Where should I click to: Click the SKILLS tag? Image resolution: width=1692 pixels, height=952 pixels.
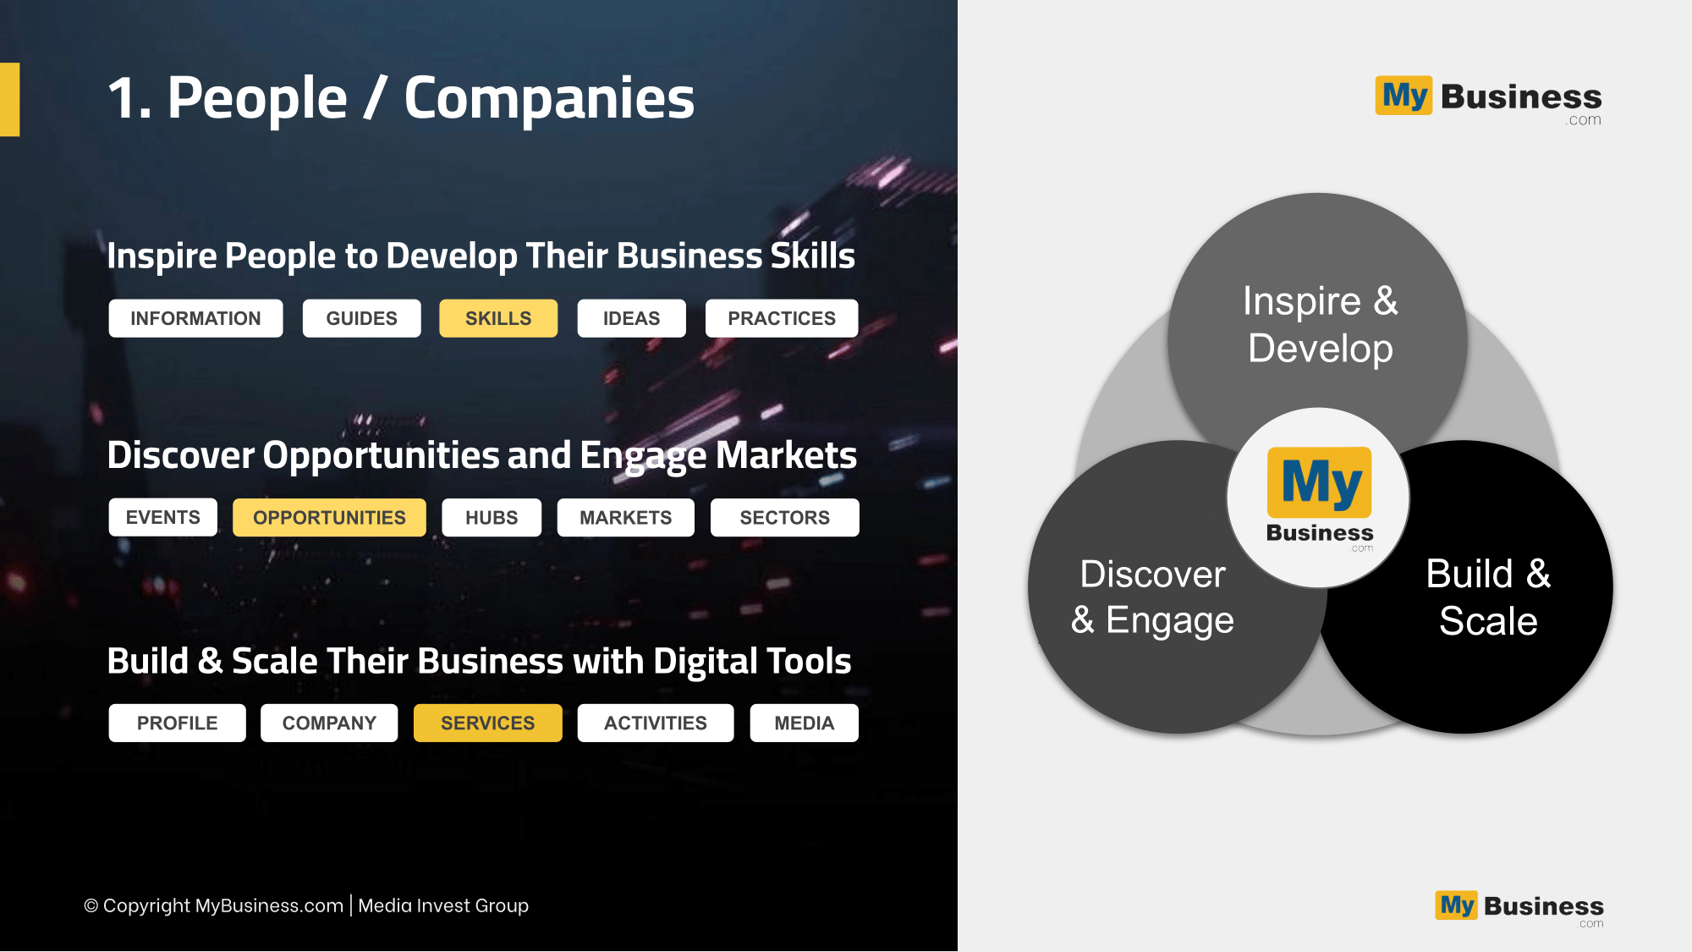coord(498,318)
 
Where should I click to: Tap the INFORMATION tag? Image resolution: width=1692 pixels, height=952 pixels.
coord(195,318)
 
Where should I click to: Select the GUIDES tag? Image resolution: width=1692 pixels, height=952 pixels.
coord(361,318)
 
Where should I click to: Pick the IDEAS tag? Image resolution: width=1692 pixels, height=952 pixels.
coord(631,318)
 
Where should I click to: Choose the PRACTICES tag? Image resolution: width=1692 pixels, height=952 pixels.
coord(782,318)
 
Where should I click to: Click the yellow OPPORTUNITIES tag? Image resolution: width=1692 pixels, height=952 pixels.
coord(329,517)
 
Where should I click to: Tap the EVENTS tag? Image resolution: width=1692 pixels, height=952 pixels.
coord(163,517)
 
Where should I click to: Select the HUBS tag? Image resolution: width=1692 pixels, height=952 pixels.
coord(492,517)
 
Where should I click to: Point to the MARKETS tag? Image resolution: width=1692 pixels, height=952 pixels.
coord(626,517)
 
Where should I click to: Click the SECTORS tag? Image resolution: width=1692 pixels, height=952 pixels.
coord(785,517)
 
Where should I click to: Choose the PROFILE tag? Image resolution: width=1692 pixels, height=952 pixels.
coord(178,723)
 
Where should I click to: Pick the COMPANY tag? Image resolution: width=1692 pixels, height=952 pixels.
coord(329,723)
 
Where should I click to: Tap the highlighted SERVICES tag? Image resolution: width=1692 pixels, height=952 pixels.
coord(488,723)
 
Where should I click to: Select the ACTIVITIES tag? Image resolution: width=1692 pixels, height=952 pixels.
coord(656,723)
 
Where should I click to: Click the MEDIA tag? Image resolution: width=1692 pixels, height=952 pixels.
coord(805,723)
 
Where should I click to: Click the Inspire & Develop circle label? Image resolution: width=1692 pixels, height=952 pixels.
coord(1321,325)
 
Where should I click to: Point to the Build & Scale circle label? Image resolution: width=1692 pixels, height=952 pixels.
coord(1488,597)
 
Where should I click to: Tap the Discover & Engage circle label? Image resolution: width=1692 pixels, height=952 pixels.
coord(1152,597)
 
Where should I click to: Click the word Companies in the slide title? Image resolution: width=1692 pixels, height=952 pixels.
coord(549,98)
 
